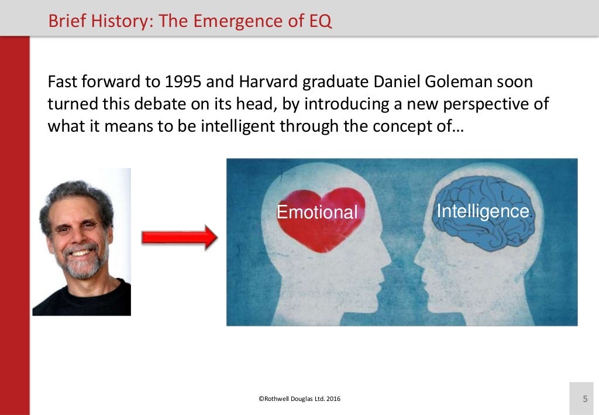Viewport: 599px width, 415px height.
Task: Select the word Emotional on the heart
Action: tap(316, 212)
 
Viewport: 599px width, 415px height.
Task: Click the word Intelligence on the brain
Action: tap(483, 211)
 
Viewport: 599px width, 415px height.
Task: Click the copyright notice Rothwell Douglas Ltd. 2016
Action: tap(299, 399)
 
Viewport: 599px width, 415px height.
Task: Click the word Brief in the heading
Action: tap(64, 21)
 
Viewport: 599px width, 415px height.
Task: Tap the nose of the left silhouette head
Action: tap(388, 255)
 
